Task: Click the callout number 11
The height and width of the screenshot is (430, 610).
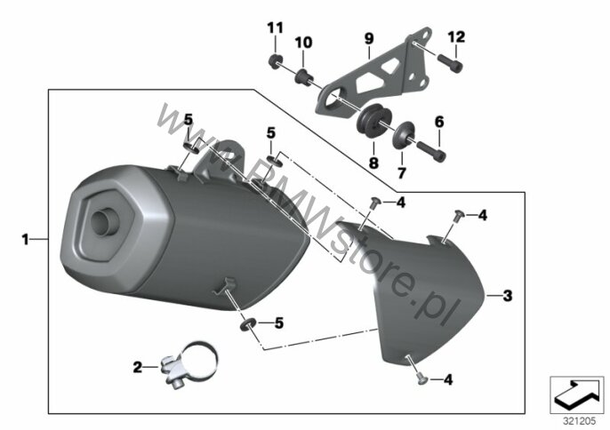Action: click(275, 28)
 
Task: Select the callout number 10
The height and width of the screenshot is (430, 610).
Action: click(303, 43)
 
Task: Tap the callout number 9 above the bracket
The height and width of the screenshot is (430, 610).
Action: click(369, 38)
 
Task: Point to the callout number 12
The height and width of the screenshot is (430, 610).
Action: click(456, 37)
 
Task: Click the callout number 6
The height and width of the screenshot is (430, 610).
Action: click(439, 122)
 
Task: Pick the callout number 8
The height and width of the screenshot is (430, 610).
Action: click(373, 163)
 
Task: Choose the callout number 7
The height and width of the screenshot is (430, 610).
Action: click(402, 172)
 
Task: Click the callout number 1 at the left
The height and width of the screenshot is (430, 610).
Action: click(25, 240)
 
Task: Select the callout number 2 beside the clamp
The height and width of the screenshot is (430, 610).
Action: click(138, 367)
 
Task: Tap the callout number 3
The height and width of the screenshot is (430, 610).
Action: click(508, 296)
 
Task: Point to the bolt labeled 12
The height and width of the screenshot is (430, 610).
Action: click(451, 63)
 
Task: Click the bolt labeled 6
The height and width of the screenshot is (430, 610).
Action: click(431, 151)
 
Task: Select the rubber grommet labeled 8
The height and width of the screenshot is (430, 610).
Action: click(373, 118)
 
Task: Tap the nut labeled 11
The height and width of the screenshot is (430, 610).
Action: click(276, 61)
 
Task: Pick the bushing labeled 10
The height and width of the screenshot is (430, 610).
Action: click(304, 78)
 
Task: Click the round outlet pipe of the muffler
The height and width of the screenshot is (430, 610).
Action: click(105, 221)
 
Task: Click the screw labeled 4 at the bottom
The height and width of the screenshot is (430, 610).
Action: click(421, 380)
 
